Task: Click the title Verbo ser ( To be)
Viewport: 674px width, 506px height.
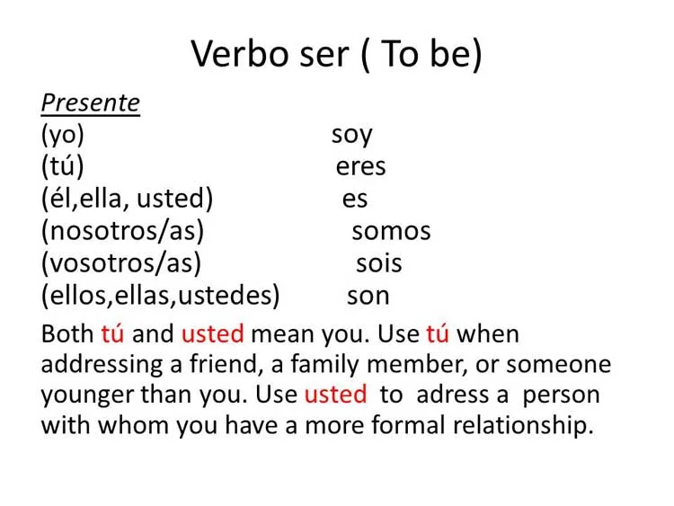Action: coord(337,55)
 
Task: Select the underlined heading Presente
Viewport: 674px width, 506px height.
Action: coord(90,103)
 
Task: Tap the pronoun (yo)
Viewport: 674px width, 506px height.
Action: coord(62,135)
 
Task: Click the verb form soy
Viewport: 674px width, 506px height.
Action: coord(351,136)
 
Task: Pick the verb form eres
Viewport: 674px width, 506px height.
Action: coord(360,167)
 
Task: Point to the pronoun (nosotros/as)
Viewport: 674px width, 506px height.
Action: coord(122,231)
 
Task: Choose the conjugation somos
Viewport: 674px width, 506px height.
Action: coord(391,231)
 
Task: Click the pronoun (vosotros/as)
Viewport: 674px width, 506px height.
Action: coord(120,263)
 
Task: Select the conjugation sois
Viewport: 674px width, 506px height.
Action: coord(378,263)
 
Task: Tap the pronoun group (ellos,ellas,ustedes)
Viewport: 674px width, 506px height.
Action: coord(160,296)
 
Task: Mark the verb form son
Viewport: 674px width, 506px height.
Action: coord(368,296)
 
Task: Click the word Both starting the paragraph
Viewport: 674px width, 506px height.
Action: coord(67,334)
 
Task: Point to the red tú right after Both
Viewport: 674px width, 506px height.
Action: coord(112,334)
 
